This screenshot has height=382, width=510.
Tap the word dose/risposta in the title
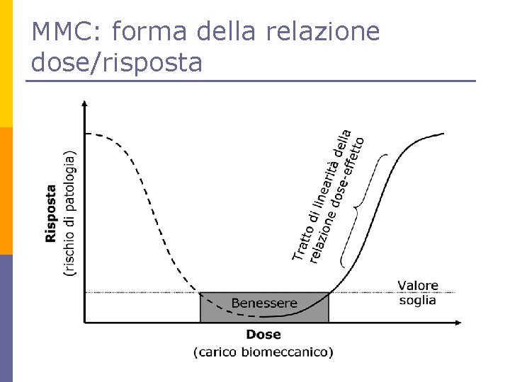point(117,63)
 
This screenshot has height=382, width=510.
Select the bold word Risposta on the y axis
point(51,214)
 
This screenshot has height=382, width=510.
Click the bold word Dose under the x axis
point(263,335)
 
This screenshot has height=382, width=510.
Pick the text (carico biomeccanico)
point(263,352)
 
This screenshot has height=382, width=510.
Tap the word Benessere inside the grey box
point(264,303)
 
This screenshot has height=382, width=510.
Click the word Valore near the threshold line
point(417,286)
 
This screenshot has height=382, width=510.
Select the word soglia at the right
point(417,300)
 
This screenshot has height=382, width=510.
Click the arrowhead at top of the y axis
point(85,104)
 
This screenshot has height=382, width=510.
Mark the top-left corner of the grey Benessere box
point(200,293)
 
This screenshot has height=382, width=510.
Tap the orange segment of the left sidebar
point(6,191)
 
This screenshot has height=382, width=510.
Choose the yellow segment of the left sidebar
point(6,64)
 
